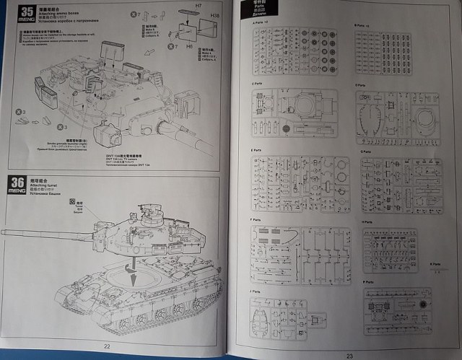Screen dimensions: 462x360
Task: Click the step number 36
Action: [15, 180]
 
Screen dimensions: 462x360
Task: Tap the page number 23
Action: [349, 354]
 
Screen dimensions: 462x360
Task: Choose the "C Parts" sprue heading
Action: [256, 84]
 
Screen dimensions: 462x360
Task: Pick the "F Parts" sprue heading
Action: [256, 220]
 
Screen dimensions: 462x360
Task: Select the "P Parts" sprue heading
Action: [370, 281]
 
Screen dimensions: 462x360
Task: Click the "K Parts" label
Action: [435, 264]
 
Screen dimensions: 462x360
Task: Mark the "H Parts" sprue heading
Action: [369, 221]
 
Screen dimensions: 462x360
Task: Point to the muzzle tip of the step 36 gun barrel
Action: [4, 233]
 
